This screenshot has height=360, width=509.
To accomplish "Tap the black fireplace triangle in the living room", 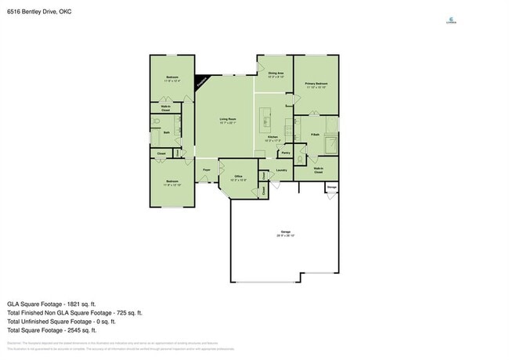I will click(202, 80).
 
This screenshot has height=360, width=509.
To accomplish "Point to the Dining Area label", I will click(275, 74).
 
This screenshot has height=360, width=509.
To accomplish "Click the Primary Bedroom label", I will click(316, 85).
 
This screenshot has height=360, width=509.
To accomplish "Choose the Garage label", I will click(284, 234).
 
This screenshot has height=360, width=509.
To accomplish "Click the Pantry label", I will click(286, 153).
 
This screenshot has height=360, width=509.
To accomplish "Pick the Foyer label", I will click(208, 170).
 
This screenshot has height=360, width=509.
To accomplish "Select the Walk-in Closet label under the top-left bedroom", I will click(165, 110).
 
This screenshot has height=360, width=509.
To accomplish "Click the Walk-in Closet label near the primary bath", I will click(319, 170).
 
